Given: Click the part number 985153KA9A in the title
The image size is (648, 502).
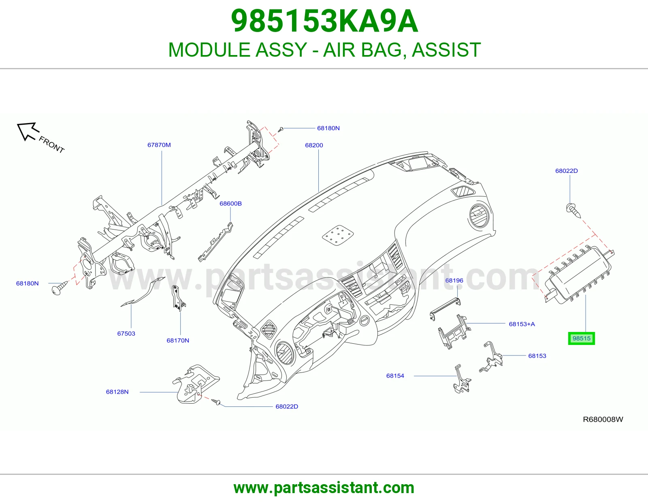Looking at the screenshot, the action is coord(324,21).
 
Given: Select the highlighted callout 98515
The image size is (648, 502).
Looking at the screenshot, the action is coord(581,338).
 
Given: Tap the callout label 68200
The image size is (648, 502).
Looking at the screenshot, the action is coord(314,145).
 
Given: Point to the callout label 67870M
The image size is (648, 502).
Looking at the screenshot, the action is coord(159,145).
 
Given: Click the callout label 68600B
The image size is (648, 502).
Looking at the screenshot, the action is coord(230,204).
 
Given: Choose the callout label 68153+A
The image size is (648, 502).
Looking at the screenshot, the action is coord(522,324).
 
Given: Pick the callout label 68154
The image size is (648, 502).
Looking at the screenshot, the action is coord(395,376).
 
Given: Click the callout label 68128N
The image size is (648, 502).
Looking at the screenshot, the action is coord(117,392).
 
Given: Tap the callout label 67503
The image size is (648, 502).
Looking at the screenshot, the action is coord(126,334).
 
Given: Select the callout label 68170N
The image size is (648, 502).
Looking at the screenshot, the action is coord(178,340).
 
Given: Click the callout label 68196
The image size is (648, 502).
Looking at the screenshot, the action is coord(454,281).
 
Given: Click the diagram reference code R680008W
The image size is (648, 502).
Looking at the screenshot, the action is coord(603,419).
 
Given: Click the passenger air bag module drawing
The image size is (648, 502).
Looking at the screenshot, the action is coord(578,274).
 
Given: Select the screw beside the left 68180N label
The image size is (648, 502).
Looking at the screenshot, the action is coord(60,288).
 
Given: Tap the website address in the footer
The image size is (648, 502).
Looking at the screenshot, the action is coord(324,488).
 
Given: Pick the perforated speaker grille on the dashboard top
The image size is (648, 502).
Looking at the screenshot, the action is coord(338,236).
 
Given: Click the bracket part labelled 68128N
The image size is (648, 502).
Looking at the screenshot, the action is coord(196,384).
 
